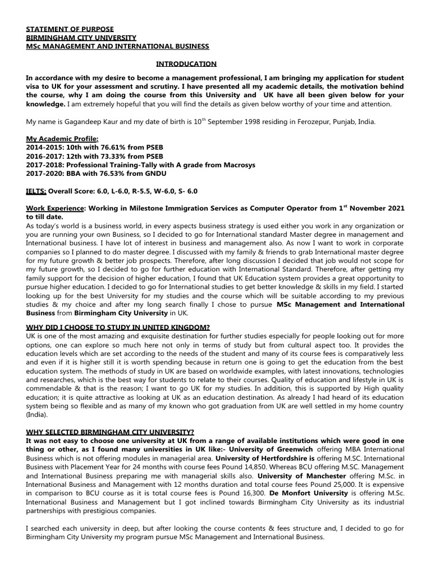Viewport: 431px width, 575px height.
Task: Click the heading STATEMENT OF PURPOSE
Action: (x=70, y=29)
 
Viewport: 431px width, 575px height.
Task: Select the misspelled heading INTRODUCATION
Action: (x=186, y=64)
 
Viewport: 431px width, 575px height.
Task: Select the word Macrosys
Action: (x=239, y=165)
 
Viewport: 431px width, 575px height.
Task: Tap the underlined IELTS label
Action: (x=36, y=191)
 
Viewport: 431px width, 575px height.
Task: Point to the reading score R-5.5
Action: (x=126, y=191)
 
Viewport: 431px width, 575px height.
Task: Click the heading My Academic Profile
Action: (x=62, y=139)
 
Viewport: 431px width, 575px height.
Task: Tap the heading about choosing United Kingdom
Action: (x=118, y=327)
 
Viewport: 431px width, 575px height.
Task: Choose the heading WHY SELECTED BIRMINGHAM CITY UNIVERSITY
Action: (x=110, y=432)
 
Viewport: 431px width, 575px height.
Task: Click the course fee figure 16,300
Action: (x=251, y=492)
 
